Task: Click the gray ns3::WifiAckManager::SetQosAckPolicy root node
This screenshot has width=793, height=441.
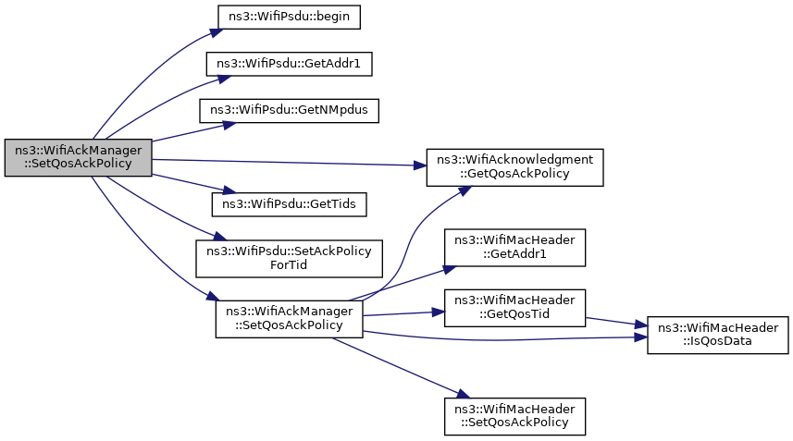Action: click(79, 157)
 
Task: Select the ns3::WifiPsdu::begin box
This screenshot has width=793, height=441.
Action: click(289, 17)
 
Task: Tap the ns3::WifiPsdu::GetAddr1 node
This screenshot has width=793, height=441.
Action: click(289, 64)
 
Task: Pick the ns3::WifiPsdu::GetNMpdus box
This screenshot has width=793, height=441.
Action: click(289, 110)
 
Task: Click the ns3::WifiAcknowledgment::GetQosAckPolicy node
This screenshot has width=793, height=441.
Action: click(514, 167)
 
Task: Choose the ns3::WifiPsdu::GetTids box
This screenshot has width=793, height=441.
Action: click(289, 204)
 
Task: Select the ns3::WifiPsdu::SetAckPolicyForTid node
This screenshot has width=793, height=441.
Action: click(289, 258)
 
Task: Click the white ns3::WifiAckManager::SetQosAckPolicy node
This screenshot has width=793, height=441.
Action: click(289, 319)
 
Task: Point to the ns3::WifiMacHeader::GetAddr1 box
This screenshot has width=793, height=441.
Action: click(514, 248)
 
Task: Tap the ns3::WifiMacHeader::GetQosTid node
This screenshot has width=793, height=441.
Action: click(514, 308)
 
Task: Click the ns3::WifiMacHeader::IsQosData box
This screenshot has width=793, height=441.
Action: click(718, 335)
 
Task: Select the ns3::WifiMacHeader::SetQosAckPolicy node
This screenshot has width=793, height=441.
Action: click(514, 416)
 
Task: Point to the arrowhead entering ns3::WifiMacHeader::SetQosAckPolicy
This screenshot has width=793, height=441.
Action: click(464, 395)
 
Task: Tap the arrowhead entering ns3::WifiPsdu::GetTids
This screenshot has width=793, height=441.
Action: click(230, 190)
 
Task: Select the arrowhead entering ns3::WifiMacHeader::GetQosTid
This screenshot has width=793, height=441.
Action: click(439, 312)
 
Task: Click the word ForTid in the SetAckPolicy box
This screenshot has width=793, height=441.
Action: click(289, 264)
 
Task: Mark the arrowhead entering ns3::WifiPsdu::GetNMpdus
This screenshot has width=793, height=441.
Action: click(230, 124)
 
